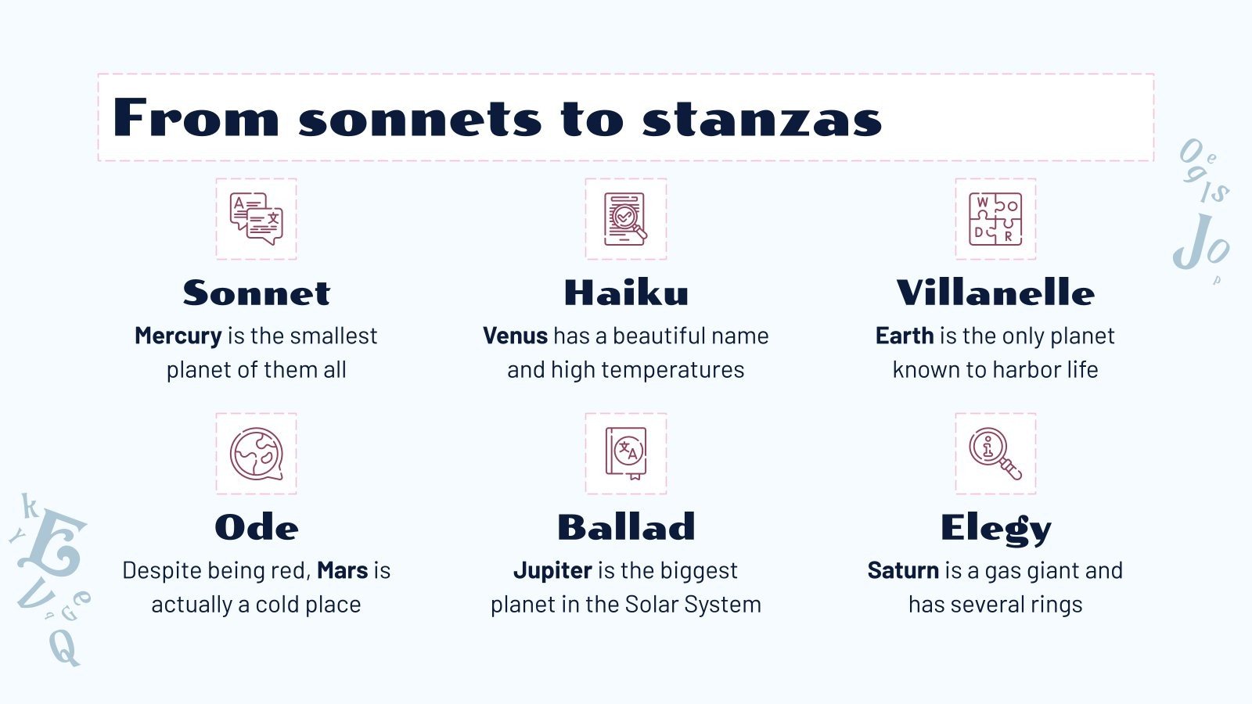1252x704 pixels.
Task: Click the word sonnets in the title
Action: click(x=421, y=119)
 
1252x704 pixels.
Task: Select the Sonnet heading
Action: click(x=257, y=293)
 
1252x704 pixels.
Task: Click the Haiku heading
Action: click(x=626, y=293)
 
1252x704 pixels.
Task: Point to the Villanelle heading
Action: click(x=995, y=293)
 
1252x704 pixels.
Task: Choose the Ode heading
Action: click(x=257, y=527)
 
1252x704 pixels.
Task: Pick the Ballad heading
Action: click(x=626, y=527)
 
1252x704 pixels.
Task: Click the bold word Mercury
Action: click(x=178, y=336)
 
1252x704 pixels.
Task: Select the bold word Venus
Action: click(x=515, y=336)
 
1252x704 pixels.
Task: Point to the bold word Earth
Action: click(x=905, y=336)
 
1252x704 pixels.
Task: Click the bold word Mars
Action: click(x=342, y=570)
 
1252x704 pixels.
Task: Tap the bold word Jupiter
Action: click(x=552, y=571)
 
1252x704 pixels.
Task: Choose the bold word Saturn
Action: click(x=903, y=570)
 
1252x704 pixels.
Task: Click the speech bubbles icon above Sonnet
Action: click(x=257, y=219)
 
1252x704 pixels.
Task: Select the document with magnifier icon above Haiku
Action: click(x=626, y=219)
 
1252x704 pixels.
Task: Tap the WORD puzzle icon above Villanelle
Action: click(x=995, y=219)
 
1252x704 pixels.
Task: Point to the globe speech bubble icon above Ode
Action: click(x=257, y=454)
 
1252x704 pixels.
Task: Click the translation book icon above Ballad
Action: click(x=626, y=454)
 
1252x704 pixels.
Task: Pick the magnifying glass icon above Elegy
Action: click(x=995, y=454)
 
